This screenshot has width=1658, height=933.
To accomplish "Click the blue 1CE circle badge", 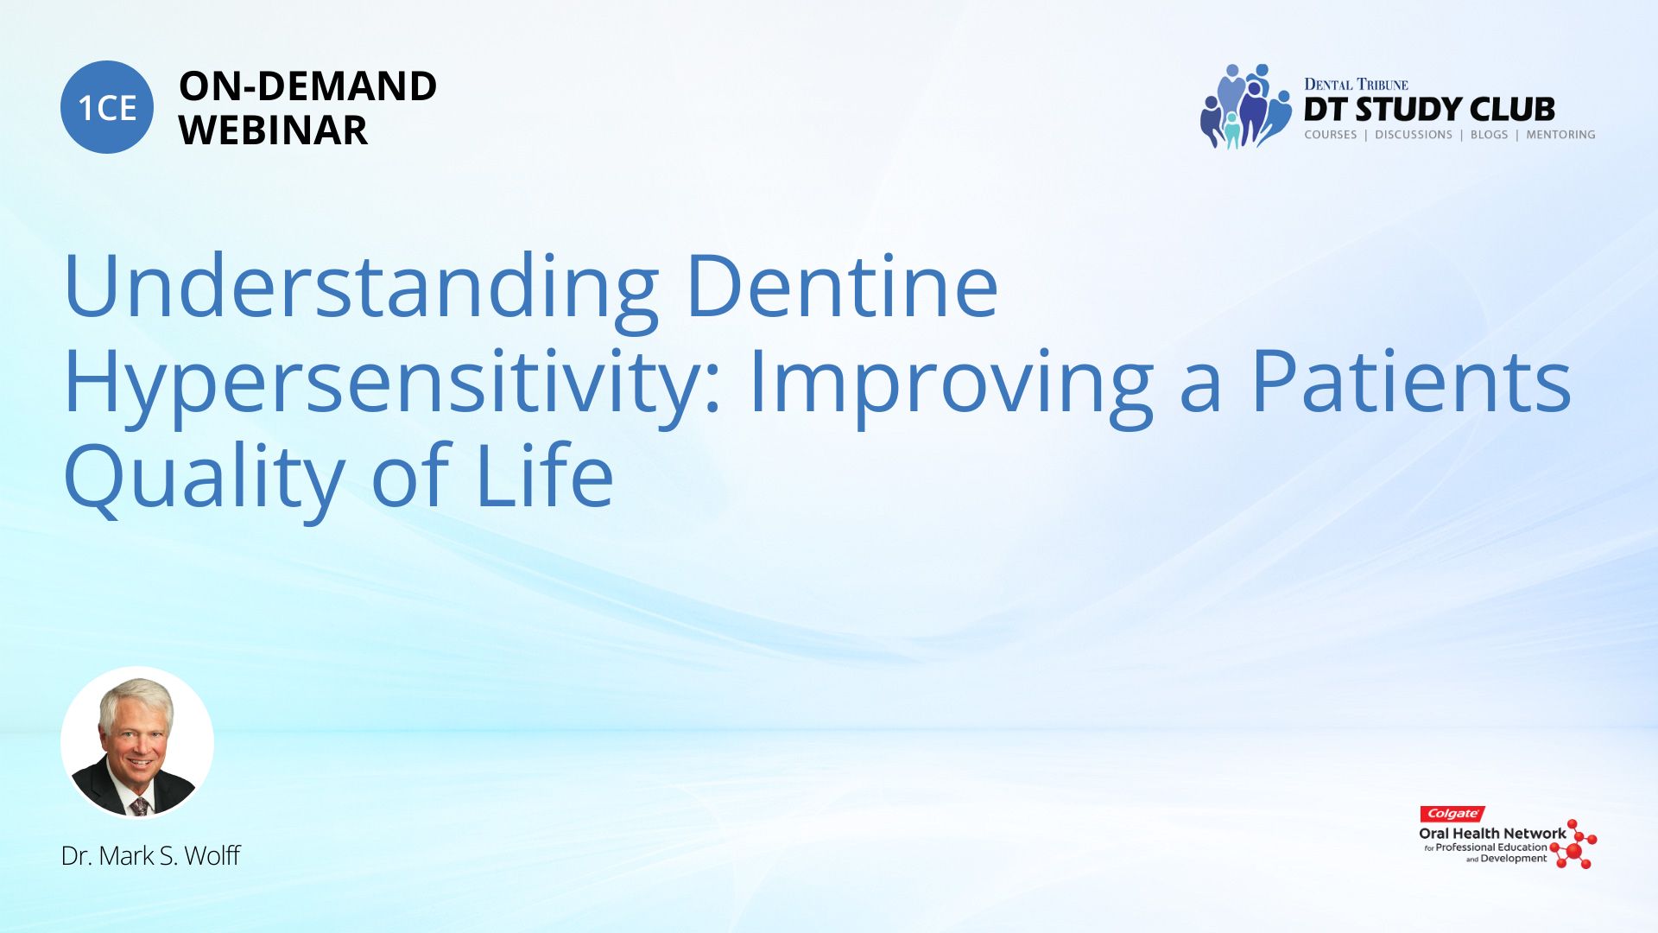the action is coord(107,107).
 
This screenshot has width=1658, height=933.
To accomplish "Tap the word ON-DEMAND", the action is coord(307,86).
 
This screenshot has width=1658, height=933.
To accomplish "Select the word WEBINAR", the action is coord(273,130).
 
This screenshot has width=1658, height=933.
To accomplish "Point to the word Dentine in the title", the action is coord(843,285).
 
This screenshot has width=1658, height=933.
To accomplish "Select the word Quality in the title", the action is coord(205,480).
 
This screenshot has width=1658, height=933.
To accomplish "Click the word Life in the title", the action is coord(545,475).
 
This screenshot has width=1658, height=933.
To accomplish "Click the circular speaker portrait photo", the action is coord(137,743).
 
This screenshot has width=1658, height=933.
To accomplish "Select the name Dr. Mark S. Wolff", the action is coord(150,856).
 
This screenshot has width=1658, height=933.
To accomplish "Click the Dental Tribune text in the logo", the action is coord(1356,85).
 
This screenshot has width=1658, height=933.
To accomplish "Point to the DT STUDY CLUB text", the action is coord(1429,110).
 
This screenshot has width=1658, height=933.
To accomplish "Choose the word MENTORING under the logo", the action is coord(1560,135).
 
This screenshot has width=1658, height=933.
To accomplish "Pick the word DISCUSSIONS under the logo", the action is coord(1414,135).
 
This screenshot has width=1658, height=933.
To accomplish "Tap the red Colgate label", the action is coord(1452,814).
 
